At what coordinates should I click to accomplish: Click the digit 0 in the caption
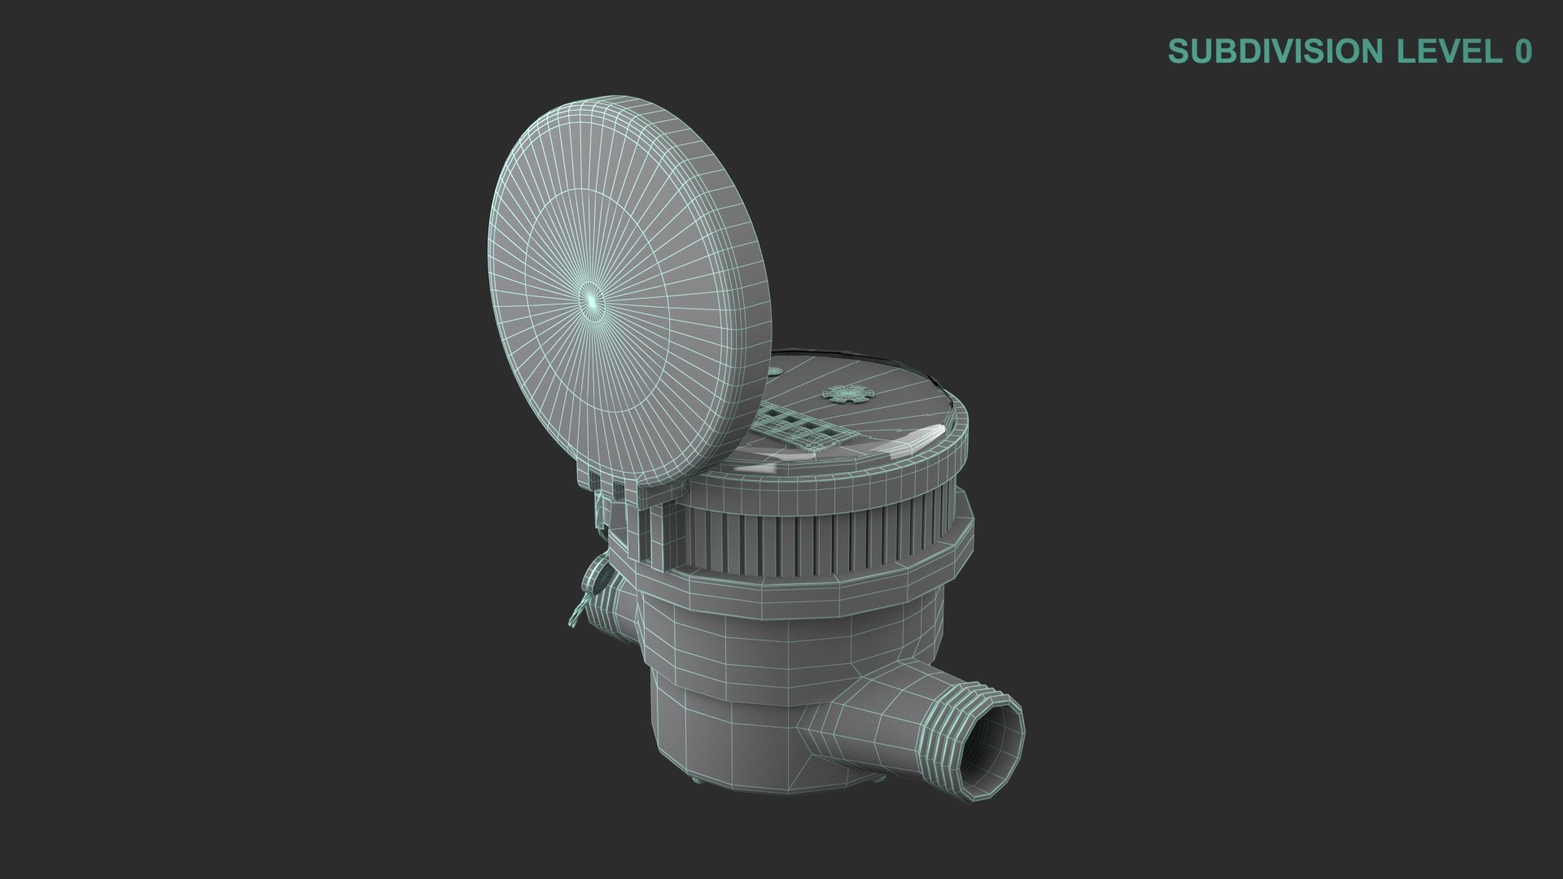point(1523,51)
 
